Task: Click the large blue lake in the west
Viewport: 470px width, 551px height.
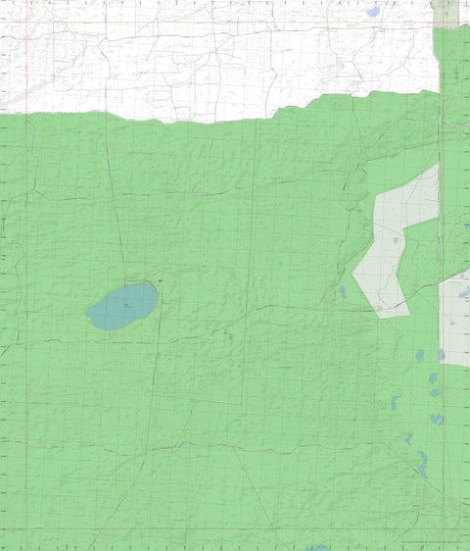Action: pyautogui.click(x=123, y=306)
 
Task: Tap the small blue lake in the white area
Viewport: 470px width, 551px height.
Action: pyautogui.click(x=372, y=13)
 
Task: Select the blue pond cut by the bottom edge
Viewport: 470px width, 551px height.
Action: pyautogui.click(x=319, y=548)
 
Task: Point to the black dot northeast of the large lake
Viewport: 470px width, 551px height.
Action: pyautogui.click(x=160, y=281)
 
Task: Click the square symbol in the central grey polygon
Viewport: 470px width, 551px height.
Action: pyautogui.click(x=397, y=239)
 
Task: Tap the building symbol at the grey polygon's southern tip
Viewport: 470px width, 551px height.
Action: pyautogui.click(x=378, y=309)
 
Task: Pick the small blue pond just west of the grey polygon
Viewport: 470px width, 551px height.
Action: pyautogui.click(x=343, y=292)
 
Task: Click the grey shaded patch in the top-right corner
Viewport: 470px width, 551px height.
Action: pyautogui.click(x=446, y=12)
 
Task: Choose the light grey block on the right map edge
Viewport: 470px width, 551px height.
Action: pyautogui.click(x=455, y=319)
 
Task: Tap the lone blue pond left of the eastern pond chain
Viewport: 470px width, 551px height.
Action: pyautogui.click(x=396, y=403)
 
